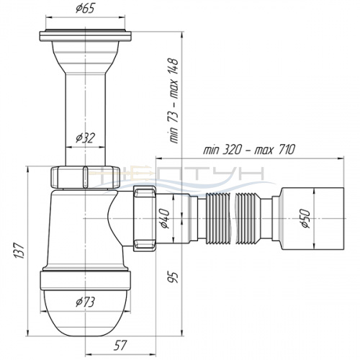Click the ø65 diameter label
[85, 9]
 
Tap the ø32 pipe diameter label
[85, 138]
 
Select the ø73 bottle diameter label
[85, 302]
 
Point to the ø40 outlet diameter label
[165, 218]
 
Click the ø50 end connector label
[305, 218]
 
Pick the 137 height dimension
[19, 251]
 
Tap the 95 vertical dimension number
[174, 277]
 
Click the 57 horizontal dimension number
[120, 346]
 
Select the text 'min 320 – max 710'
[249, 150]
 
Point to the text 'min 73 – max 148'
[174, 101]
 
